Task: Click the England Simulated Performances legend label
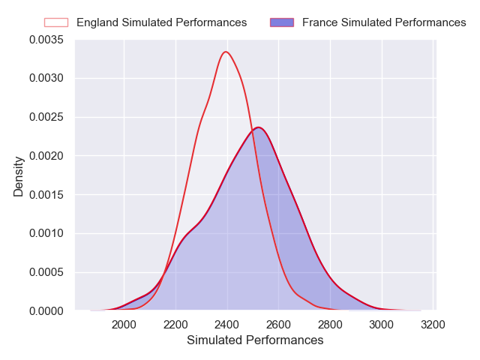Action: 161,22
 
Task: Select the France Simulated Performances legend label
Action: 384,22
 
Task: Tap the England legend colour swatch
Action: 56,22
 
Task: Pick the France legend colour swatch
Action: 282,22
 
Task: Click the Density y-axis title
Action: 19,175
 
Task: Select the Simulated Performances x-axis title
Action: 255,340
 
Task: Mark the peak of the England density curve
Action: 226,52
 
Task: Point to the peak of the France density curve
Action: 257,127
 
